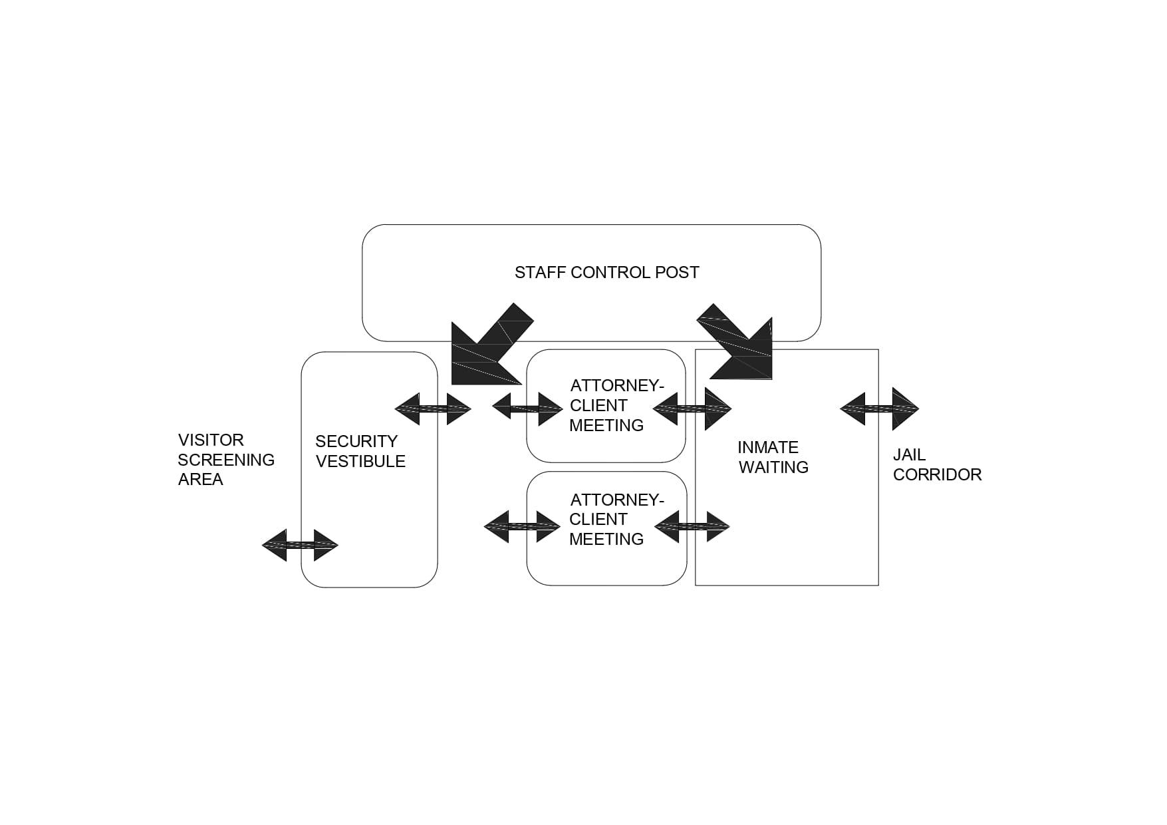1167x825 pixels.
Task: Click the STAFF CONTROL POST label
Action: point(606,273)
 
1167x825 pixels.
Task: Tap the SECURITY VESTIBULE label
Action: point(360,451)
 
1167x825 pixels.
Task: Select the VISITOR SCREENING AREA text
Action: point(226,460)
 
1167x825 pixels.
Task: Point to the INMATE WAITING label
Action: point(773,457)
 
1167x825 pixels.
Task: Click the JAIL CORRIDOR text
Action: point(937,464)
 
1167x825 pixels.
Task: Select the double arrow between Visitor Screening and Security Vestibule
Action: point(300,546)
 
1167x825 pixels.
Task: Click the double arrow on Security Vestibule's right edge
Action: point(433,409)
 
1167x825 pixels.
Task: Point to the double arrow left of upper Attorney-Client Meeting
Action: point(527,409)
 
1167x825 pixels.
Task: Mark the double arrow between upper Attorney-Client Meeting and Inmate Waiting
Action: point(692,409)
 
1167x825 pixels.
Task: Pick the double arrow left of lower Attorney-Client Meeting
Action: point(522,527)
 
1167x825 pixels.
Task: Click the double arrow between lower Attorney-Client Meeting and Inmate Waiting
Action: point(692,527)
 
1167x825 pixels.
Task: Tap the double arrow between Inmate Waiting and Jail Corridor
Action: point(879,409)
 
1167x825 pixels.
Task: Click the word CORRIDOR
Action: point(937,474)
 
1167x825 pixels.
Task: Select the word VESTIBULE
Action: point(360,461)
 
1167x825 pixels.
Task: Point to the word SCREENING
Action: point(226,460)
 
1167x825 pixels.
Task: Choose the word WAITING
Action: point(773,467)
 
